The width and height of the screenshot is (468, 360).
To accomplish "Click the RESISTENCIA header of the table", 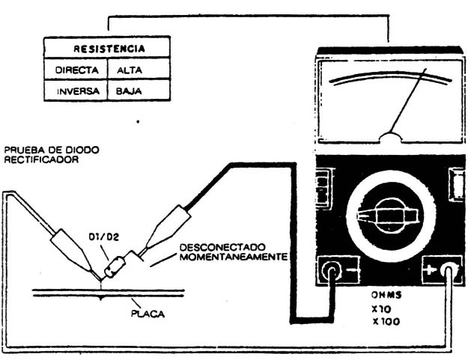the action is [x=109, y=49].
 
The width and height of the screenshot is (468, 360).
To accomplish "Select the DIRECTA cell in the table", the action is [x=76, y=70].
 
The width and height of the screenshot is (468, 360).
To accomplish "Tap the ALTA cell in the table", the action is [x=130, y=70].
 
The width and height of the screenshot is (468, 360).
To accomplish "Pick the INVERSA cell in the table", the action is [x=78, y=91].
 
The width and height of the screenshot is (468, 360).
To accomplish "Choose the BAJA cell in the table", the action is [x=129, y=91].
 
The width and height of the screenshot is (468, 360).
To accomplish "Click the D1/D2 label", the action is [x=104, y=237].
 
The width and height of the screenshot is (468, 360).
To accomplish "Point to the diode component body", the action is [x=115, y=266].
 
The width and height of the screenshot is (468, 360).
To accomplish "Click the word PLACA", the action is [x=148, y=314].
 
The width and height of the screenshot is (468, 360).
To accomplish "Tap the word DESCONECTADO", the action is [x=222, y=247].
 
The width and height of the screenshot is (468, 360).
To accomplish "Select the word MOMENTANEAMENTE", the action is [x=234, y=257].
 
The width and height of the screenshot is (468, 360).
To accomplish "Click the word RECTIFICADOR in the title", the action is [x=41, y=159].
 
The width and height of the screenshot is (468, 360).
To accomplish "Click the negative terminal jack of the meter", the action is [x=331, y=271].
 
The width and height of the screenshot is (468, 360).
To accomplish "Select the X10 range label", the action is [x=381, y=309].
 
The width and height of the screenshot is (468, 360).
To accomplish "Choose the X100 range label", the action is [x=386, y=322].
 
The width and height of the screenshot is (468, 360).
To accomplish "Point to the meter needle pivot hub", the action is [x=391, y=137].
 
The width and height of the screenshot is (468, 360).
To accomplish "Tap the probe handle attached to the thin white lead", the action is [x=72, y=250].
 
